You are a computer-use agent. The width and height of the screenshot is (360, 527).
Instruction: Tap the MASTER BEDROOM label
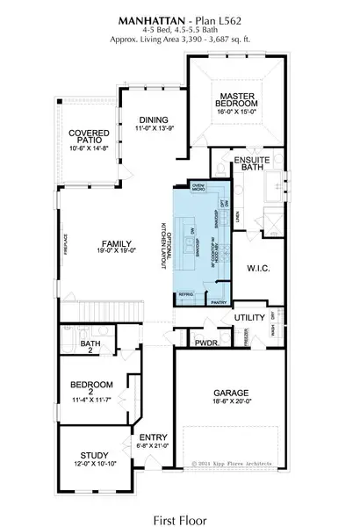pos(237,99)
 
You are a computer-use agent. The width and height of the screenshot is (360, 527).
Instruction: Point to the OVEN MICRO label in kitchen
pos(198,187)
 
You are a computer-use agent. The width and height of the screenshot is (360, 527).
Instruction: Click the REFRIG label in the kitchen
pos(185,294)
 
